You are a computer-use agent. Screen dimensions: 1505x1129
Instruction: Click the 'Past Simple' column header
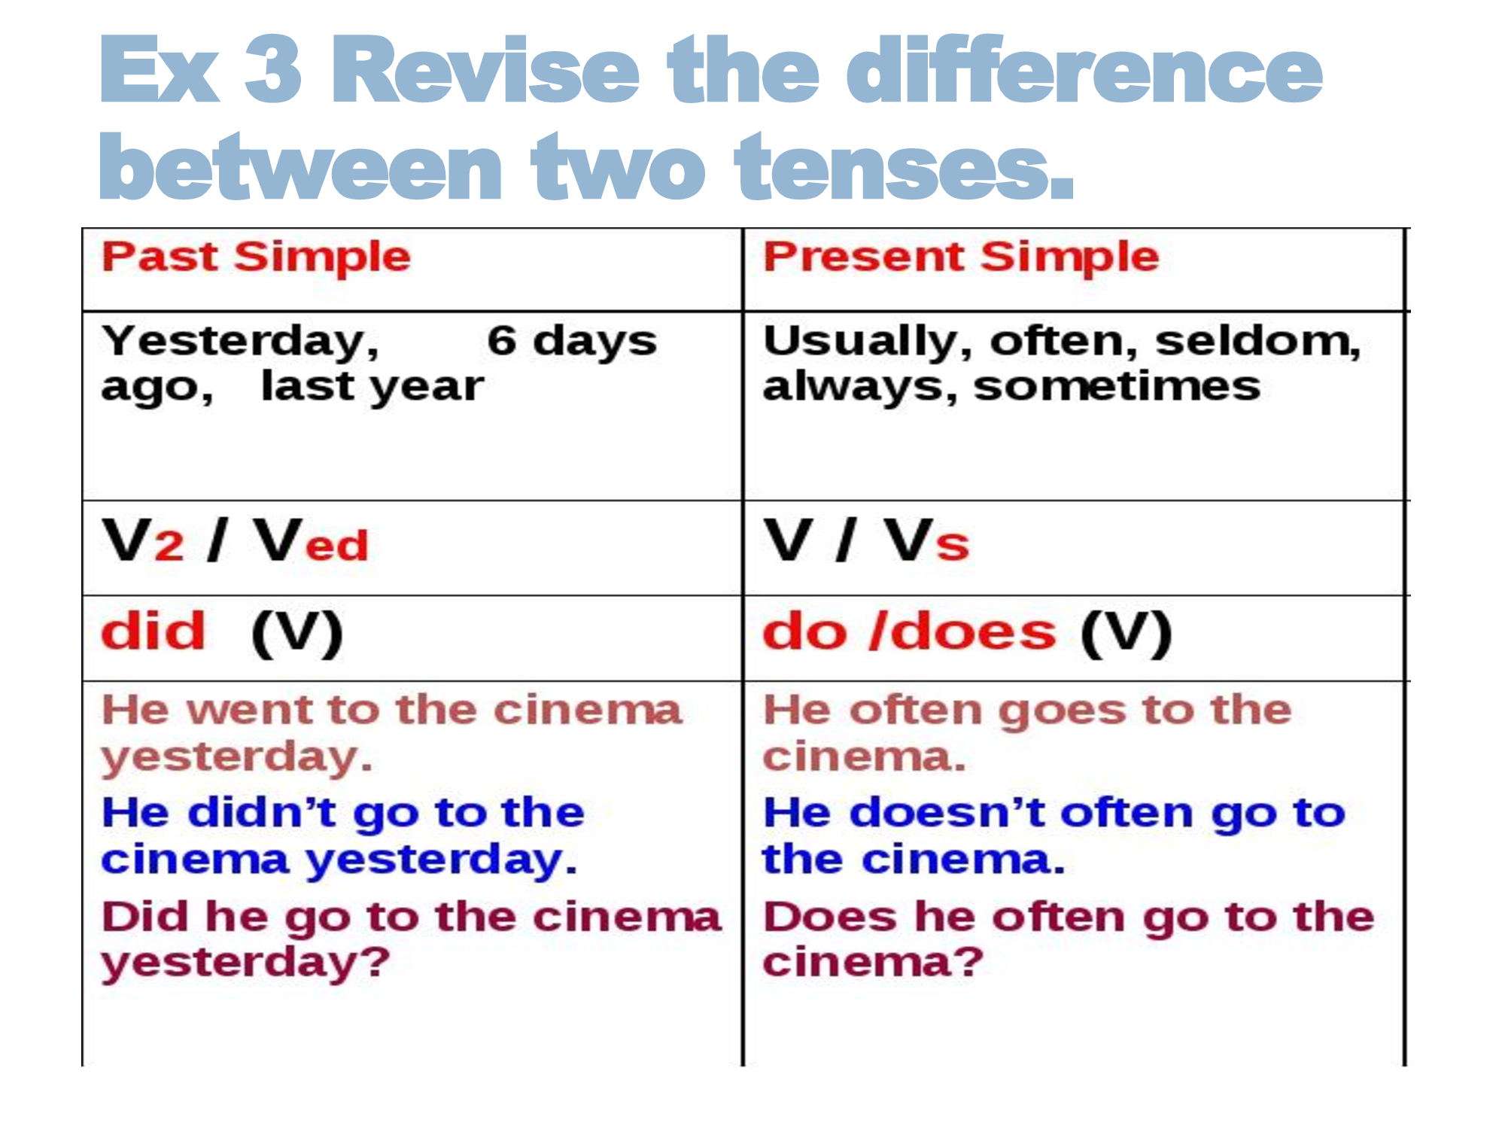tap(257, 257)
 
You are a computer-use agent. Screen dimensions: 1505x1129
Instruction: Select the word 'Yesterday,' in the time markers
tap(241, 342)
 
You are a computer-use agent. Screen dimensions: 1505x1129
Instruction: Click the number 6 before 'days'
tap(502, 340)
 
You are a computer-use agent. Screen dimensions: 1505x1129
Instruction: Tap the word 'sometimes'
tap(1117, 387)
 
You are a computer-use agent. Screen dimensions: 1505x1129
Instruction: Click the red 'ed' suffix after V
tap(337, 545)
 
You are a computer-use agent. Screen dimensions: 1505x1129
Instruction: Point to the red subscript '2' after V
tap(169, 545)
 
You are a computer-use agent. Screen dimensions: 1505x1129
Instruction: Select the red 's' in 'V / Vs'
tap(953, 545)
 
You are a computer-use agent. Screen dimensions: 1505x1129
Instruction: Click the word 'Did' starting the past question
tap(147, 917)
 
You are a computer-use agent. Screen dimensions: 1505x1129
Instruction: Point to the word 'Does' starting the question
tap(831, 917)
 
